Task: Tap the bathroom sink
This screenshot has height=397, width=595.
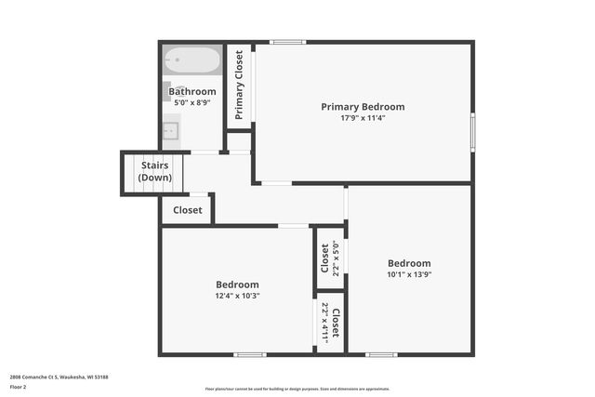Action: click(x=170, y=131)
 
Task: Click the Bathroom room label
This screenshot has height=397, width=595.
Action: click(x=192, y=91)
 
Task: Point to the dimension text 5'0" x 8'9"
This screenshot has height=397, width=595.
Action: click(x=192, y=102)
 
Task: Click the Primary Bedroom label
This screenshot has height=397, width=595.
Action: click(x=363, y=107)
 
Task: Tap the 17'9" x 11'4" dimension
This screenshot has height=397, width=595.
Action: click(x=363, y=118)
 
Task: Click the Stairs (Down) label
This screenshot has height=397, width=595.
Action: click(x=154, y=171)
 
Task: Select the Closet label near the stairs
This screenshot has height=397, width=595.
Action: click(x=188, y=210)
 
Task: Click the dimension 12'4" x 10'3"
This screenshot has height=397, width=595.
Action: click(x=237, y=296)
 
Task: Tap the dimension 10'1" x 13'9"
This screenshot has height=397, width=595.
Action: click(x=409, y=274)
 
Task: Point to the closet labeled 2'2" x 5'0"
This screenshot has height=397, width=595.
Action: click(x=329, y=259)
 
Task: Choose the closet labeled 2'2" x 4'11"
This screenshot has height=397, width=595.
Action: click(x=329, y=321)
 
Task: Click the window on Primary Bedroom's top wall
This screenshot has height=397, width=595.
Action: click(x=288, y=42)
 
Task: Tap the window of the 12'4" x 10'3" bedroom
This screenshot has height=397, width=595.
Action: click(x=249, y=353)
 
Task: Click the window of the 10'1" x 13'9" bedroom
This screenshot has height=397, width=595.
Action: click(x=381, y=353)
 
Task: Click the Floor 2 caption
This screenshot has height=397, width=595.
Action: click(x=18, y=386)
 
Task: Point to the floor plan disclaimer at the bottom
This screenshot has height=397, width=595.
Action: click(x=297, y=389)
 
